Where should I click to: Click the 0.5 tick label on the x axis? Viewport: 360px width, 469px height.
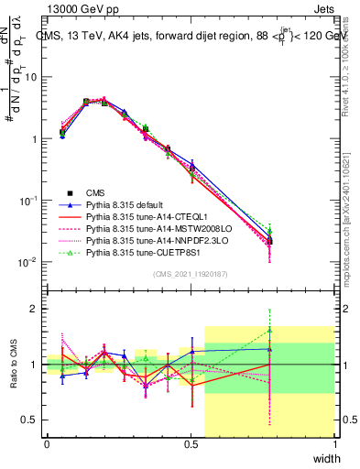tap(191, 444)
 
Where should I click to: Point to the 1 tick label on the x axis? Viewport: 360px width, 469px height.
tap(334, 444)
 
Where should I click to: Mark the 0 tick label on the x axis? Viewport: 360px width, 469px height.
tap(47, 444)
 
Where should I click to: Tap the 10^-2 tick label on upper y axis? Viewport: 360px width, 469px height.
tap(29, 261)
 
